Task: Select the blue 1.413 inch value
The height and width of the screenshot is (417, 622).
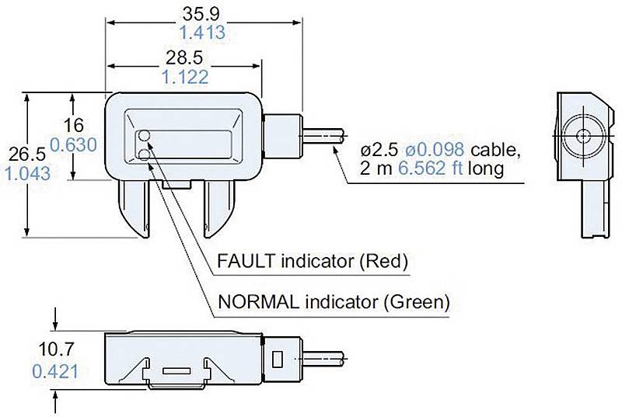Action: pos(201,33)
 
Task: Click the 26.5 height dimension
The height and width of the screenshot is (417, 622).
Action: pos(25,154)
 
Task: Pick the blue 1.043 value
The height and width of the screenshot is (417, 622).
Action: pos(27,173)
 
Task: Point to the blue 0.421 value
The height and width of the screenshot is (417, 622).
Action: pos(55,371)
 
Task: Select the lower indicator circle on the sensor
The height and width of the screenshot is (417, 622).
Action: pos(145,155)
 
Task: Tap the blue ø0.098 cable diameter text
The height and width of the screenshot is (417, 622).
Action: pos(432,148)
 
